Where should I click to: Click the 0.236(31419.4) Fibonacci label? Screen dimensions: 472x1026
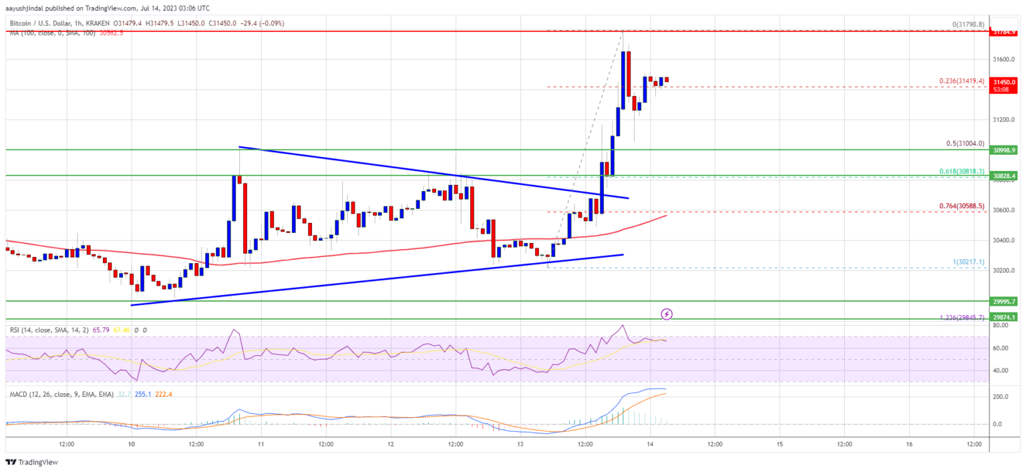point(962,81)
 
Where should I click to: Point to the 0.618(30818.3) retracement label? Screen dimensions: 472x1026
point(962,171)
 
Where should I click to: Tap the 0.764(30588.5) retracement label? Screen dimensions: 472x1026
point(962,206)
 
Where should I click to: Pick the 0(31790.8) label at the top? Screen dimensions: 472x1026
point(968,25)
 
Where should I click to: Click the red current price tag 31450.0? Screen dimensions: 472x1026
point(1004,82)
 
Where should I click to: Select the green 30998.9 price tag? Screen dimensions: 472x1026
point(1004,150)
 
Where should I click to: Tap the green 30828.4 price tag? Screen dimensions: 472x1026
point(1004,176)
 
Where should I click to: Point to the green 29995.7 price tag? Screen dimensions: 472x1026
point(1004,301)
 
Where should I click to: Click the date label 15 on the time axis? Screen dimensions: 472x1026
point(779,444)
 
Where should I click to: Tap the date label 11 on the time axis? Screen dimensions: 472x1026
point(261,444)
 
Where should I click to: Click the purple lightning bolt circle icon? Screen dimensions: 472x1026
point(666,313)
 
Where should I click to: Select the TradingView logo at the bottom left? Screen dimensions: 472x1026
point(31,462)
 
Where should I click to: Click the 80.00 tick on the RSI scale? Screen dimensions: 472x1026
point(1000,326)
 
